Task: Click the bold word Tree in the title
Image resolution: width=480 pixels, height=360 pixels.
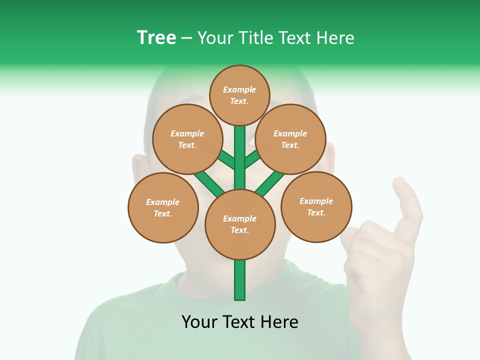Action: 156,38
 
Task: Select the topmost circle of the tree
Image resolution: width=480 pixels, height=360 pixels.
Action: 239,95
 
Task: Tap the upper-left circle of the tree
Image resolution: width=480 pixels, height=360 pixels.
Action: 187,139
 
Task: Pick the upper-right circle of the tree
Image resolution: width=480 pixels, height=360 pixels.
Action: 290,139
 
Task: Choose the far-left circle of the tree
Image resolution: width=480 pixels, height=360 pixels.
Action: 163,207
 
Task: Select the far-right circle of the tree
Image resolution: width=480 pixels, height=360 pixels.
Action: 316,206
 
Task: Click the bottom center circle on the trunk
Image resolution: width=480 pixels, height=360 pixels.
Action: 240,224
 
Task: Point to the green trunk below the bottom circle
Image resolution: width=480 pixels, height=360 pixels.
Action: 240,280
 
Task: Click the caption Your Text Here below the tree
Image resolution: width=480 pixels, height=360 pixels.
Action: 240,322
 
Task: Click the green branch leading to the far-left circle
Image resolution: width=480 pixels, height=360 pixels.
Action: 207,183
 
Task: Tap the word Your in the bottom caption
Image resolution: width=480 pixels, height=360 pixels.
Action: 199,322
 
